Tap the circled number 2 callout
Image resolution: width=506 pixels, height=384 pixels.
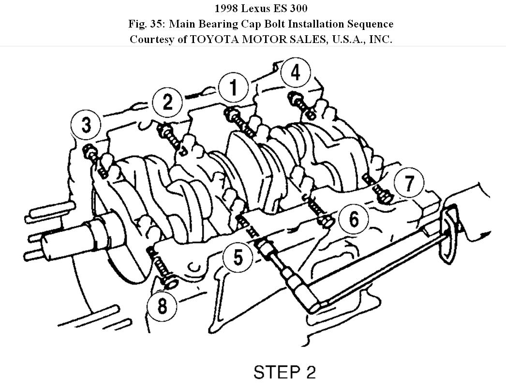(167, 102)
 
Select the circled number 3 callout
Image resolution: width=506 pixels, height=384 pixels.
(86, 126)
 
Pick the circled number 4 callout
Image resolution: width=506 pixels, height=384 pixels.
(295, 73)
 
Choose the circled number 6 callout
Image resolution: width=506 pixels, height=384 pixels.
(354, 220)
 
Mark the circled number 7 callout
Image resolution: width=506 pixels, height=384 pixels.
(409, 184)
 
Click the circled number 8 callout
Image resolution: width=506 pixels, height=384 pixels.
(162, 306)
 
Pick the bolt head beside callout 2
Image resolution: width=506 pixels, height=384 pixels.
(164, 129)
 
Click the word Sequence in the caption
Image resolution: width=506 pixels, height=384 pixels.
(370, 24)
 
